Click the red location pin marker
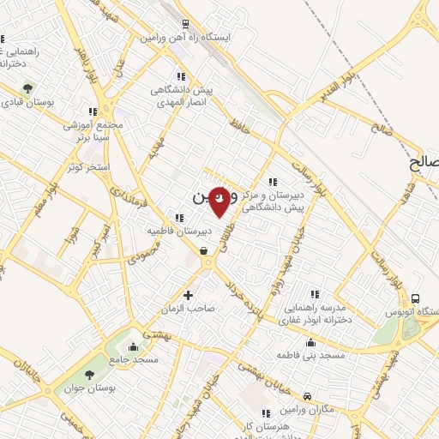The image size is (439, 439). pyautogui.click(x=219, y=201)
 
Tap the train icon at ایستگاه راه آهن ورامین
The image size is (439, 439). pyautogui.click(x=185, y=23)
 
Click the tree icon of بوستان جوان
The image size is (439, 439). pyautogui.click(x=90, y=376)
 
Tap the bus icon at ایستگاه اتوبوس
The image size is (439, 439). pyautogui.click(x=416, y=298)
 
